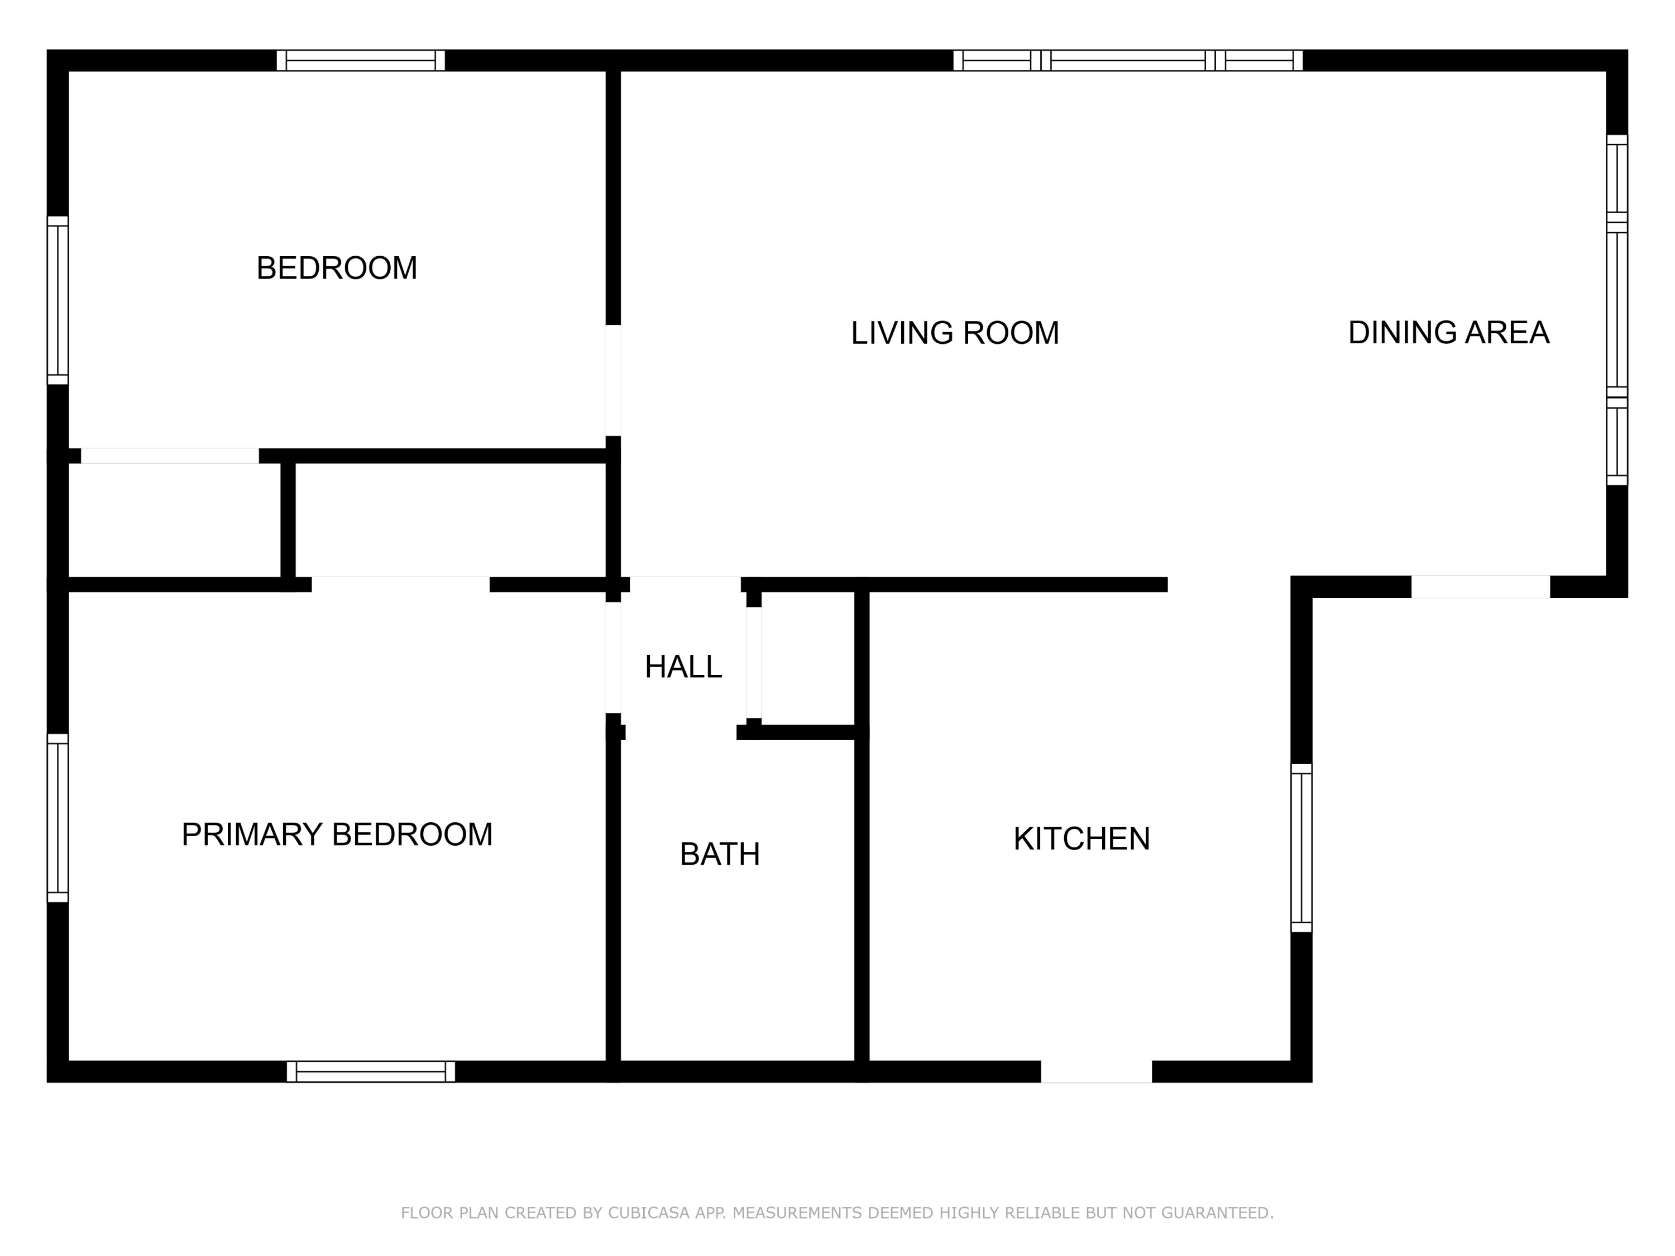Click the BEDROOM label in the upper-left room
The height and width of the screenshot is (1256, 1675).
337,268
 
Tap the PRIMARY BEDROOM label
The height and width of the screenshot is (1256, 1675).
337,835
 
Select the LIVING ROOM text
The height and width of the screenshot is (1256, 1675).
955,333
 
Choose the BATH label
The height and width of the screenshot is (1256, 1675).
719,855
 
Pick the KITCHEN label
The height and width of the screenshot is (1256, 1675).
1081,839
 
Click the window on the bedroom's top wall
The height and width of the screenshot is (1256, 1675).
361,60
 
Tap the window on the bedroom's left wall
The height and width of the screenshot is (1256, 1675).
58,300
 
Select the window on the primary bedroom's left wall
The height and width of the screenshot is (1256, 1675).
58,818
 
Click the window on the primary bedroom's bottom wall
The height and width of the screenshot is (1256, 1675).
371,1071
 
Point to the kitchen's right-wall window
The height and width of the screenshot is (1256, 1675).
1301,848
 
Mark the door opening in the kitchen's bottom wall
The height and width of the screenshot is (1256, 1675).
1097,1071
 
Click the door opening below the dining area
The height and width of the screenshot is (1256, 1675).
1480,587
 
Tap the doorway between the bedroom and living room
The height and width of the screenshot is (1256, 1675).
614,380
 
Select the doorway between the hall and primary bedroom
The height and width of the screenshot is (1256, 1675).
614,657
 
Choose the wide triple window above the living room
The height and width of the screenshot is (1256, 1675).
1127,60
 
